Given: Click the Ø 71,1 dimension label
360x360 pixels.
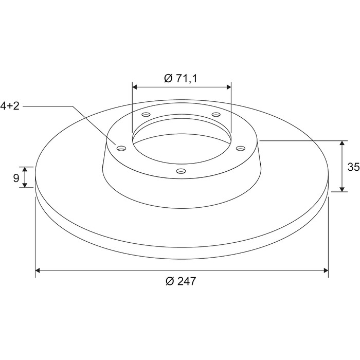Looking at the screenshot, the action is click(181, 79).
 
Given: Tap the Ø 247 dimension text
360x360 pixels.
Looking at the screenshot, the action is click(181, 281).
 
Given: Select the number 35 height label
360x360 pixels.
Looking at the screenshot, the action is click(353, 167).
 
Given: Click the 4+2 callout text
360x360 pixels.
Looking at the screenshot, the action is click(10, 106).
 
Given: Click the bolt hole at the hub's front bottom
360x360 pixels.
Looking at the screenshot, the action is click(181, 171).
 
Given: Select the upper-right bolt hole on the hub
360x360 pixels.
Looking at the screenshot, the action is click(216, 114).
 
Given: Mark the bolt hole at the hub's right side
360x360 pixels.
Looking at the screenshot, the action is click(240, 148).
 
